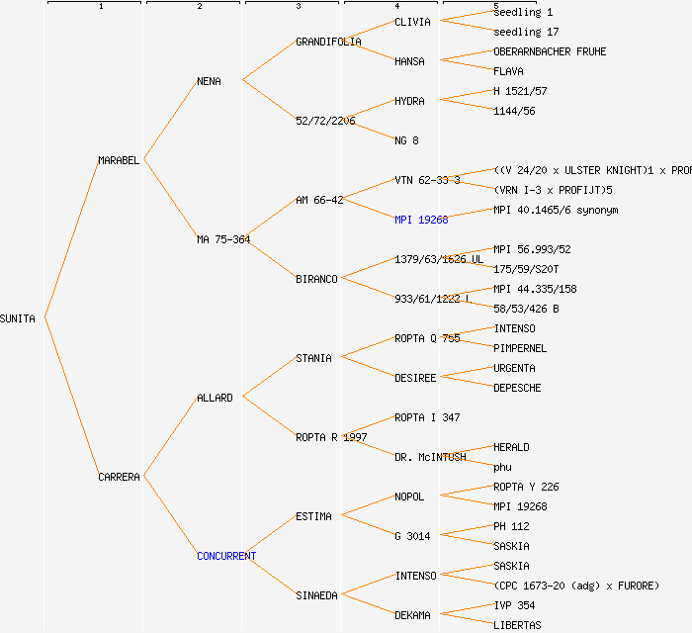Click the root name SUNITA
[x=18, y=318]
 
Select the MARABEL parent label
[x=119, y=160]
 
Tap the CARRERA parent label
[x=119, y=477]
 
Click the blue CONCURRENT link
[x=226, y=556]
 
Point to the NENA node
[x=209, y=81]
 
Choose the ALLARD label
[x=215, y=398]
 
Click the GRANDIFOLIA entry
[x=328, y=42]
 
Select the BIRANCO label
[x=316, y=279]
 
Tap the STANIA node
[x=313, y=358]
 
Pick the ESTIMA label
[x=313, y=516]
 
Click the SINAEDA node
[x=316, y=595]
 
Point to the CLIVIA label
[x=411, y=22]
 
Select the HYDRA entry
[x=409, y=101]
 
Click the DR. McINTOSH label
[x=430, y=457]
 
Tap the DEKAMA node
[x=412, y=615]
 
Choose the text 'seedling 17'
[x=526, y=32]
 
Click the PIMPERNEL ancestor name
[x=520, y=348]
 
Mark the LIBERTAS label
[x=517, y=625]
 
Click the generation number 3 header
[x=298, y=7]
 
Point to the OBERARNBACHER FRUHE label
[x=550, y=51]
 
